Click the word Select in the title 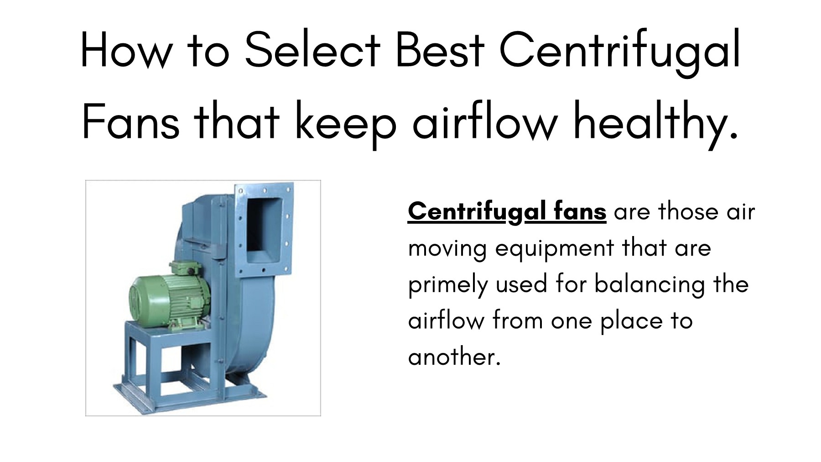tap(312, 50)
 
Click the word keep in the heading tap(346, 122)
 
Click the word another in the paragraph tap(454, 357)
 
